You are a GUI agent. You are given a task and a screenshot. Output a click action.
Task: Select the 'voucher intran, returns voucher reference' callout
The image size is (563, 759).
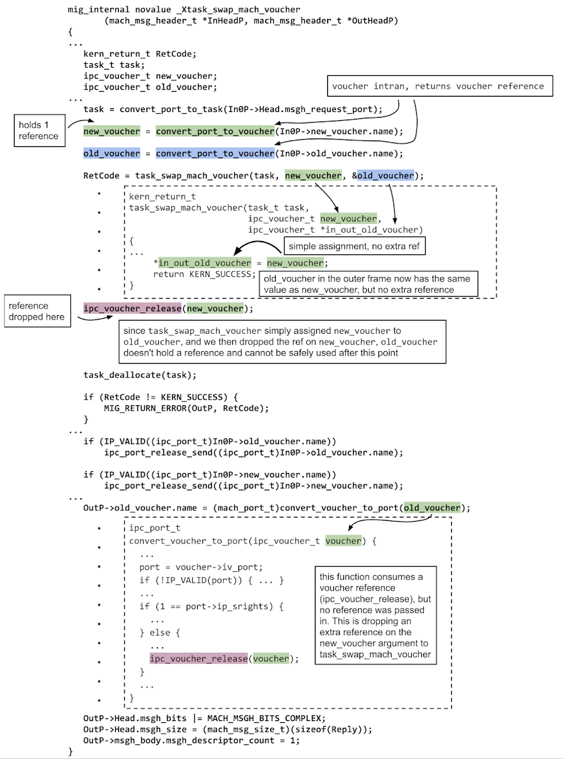tap(438, 87)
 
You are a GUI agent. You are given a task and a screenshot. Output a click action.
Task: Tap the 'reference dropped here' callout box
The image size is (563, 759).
tap(38, 311)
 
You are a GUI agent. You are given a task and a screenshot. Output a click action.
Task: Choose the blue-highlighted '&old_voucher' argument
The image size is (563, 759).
tap(383, 175)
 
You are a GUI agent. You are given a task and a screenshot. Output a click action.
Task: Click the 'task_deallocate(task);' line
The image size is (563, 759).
tap(140, 374)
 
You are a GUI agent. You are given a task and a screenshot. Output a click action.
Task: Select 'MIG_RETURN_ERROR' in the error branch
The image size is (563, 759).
tap(147, 408)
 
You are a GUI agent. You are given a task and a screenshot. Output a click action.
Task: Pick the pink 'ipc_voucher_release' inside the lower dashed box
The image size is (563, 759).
tap(198, 658)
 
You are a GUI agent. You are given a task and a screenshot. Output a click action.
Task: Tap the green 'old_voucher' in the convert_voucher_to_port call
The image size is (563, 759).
tap(433, 508)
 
